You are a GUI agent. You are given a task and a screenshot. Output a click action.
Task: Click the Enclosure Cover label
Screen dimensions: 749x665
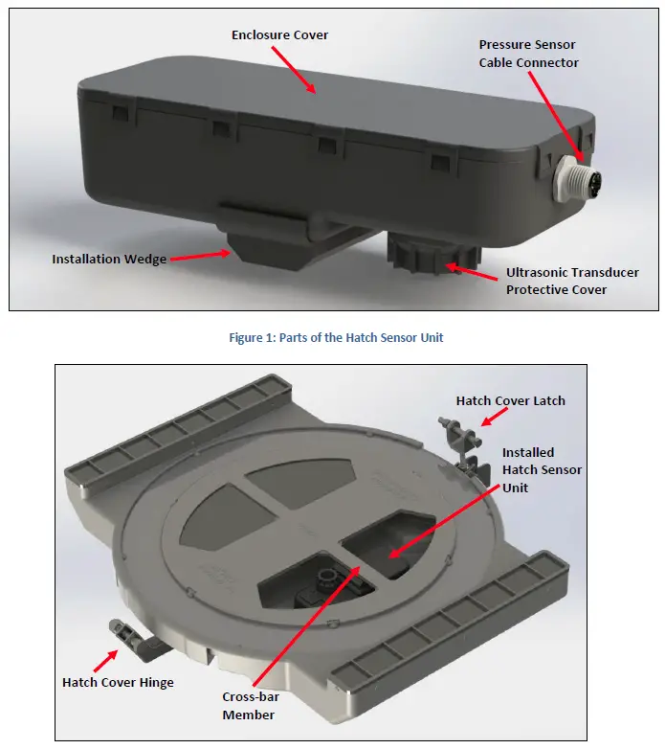pyautogui.click(x=279, y=35)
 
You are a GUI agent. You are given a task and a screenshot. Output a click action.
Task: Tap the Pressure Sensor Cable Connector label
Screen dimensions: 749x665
pyautogui.click(x=528, y=54)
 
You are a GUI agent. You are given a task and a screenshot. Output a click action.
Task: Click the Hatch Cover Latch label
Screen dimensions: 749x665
pyautogui.click(x=510, y=400)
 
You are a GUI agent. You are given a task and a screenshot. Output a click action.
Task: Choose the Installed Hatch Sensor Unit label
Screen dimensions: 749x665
pyautogui.click(x=542, y=470)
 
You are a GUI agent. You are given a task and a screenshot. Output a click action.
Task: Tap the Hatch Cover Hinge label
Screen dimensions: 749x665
pyautogui.click(x=117, y=683)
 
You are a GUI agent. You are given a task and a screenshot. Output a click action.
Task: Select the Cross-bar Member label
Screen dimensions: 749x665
pyautogui.click(x=249, y=707)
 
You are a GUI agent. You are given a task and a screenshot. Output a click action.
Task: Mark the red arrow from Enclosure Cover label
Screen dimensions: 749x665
pyautogui.click(x=294, y=67)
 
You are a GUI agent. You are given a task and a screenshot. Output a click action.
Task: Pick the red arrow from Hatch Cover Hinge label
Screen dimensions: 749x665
pyautogui.click(x=106, y=658)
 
